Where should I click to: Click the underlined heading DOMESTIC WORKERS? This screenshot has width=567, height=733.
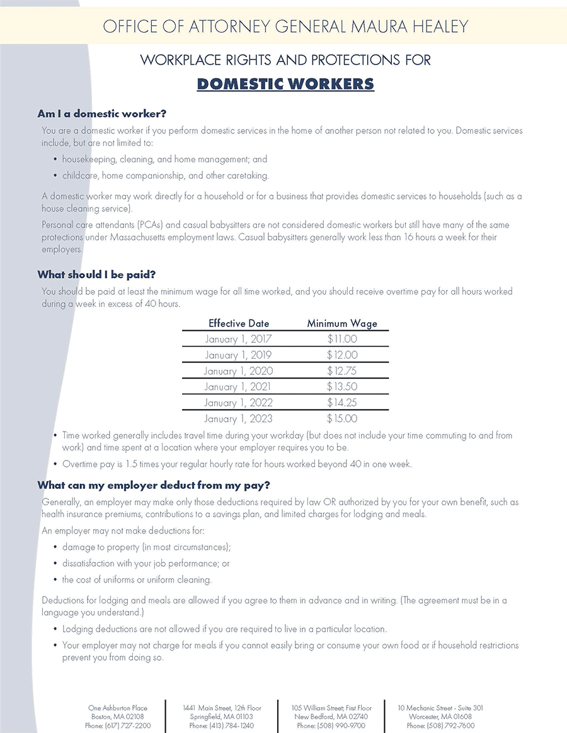(285, 84)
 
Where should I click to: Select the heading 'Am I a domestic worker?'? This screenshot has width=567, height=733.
(101, 114)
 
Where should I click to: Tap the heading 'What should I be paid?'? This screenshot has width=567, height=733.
(96, 274)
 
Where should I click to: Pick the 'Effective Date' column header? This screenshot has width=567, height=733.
(239, 323)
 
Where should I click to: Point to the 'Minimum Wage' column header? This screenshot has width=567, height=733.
(342, 323)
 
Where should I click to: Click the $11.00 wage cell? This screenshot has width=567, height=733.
(342, 340)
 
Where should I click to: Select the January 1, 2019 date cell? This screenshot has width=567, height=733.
(238, 355)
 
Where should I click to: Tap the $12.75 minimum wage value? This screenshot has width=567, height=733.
(342, 371)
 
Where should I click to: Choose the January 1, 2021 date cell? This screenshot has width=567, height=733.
(238, 387)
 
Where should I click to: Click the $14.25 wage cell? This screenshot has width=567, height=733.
(342, 403)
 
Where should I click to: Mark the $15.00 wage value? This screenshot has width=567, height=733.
(342, 418)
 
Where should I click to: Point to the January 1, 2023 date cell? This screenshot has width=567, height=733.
(238, 418)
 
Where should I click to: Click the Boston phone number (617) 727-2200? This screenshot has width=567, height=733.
(118, 725)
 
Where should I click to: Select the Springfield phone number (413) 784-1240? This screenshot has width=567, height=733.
(222, 725)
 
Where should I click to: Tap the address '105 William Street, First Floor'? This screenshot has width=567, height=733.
(331, 708)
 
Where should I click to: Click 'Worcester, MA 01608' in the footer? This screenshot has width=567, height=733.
(440, 717)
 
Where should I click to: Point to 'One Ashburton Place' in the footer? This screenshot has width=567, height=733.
(118, 708)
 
